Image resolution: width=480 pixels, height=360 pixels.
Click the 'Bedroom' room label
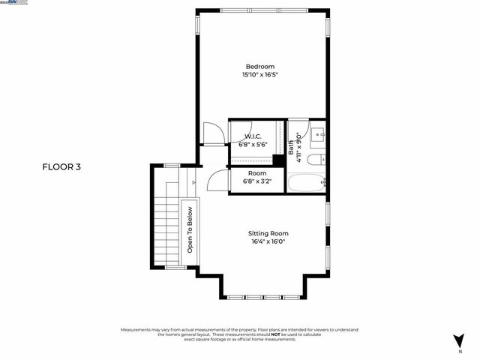(260, 66)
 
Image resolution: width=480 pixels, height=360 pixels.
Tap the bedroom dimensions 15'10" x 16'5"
(260, 75)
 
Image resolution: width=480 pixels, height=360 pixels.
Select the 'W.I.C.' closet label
(252, 136)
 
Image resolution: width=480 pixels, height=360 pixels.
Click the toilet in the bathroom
(317, 159)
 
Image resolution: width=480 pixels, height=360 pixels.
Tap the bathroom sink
(318, 136)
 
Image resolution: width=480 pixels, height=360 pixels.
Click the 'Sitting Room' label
(268, 233)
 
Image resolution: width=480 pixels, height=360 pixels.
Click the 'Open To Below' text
(190, 229)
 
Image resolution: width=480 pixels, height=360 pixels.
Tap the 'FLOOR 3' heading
(61, 167)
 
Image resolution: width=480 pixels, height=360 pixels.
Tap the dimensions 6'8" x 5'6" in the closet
(252, 144)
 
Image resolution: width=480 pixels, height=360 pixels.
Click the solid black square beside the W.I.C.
(279, 160)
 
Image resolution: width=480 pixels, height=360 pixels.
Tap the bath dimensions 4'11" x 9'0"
(298, 143)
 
